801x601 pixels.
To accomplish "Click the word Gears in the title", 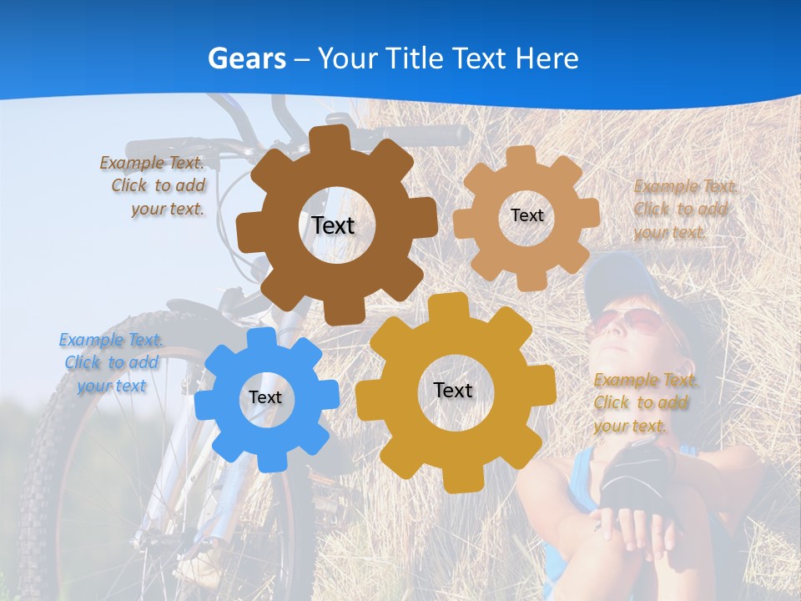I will [246, 58].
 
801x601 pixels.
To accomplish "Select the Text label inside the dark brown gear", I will [333, 225].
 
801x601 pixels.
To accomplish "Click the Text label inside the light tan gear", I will [526, 215].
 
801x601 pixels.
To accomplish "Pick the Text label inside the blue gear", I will [265, 398].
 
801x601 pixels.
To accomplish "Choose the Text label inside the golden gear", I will [453, 390].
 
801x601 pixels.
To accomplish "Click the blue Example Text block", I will [111, 362].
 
